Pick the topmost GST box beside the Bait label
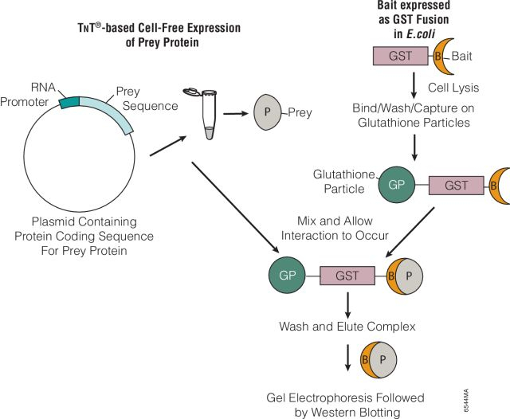[x=401, y=55]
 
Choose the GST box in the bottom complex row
[x=347, y=276]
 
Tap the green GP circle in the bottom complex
[x=287, y=276]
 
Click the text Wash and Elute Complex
[x=347, y=327]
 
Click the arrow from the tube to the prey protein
[x=234, y=112]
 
